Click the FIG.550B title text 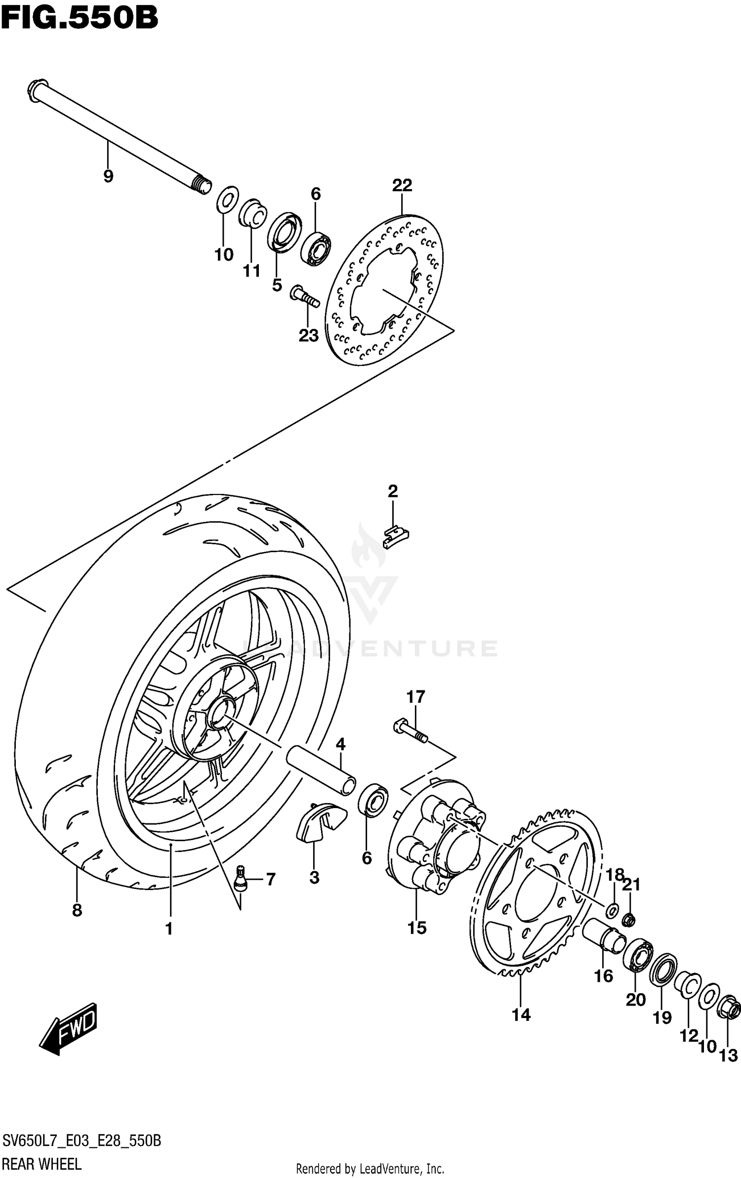[79, 19]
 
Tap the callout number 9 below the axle [108, 176]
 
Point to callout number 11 [251, 271]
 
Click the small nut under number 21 [629, 920]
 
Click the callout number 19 [662, 1017]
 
